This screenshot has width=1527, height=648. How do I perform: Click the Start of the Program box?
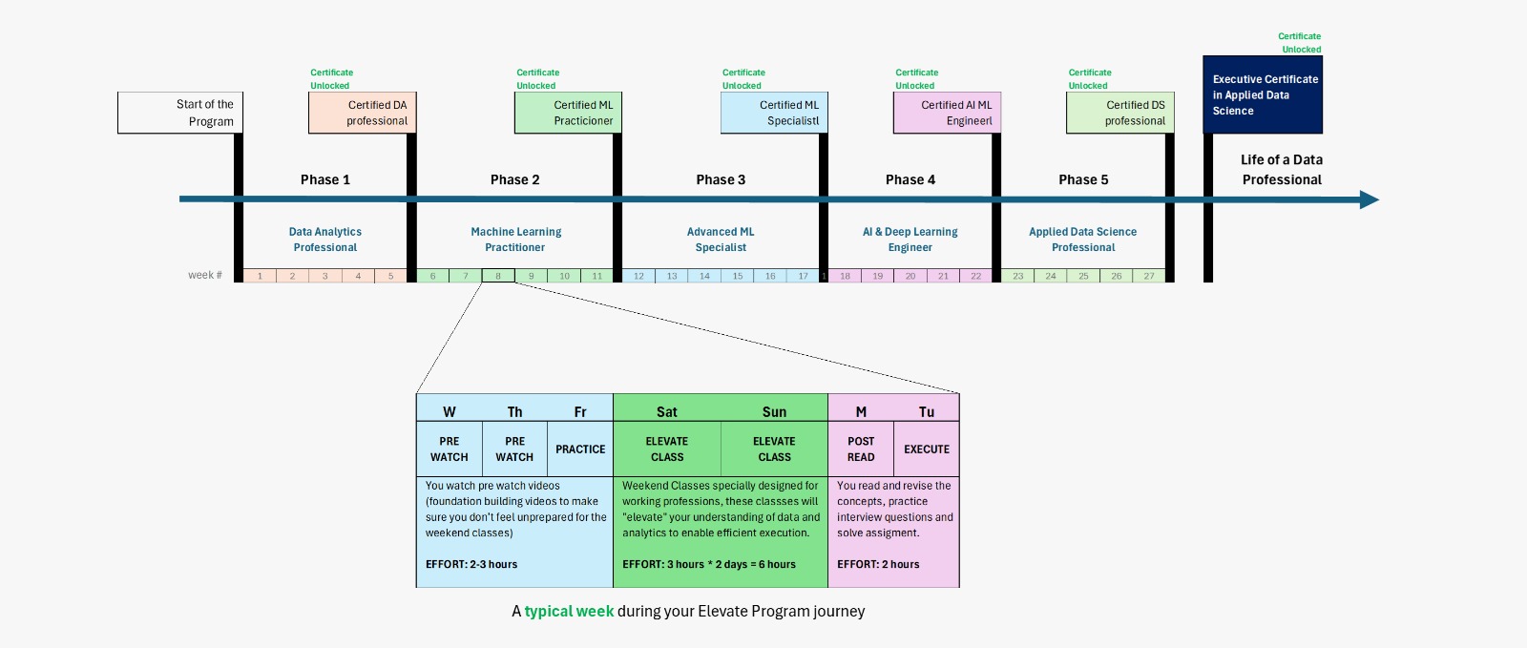click(x=180, y=113)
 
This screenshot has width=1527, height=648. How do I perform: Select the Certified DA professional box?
click(x=363, y=113)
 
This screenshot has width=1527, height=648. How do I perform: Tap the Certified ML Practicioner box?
click(x=569, y=113)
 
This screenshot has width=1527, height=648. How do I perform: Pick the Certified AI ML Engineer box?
click(x=947, y=113)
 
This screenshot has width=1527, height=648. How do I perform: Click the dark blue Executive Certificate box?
click(x=1263, y=94)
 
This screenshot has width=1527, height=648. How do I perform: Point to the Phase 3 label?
click(x=721, y=179)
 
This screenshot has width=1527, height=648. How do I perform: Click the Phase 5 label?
click(x=1083, y=179)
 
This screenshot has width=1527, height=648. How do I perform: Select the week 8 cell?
click(x=498, y=276)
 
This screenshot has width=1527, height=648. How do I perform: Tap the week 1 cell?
click(x=260, y=276)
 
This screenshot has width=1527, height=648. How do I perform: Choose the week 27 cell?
click(x=1149, y=276)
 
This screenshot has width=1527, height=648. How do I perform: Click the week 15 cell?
click(x=738, y=276)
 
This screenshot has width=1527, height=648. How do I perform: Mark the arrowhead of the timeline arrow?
click(x=1370, y=199)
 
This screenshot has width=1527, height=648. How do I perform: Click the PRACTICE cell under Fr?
click(x=580, y=449)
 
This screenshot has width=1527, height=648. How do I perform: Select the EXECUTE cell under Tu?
click(x=927, y=449)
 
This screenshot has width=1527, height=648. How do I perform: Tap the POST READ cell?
click(x=861, y=449)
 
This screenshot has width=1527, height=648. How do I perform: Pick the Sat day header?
click(x=667, y=412)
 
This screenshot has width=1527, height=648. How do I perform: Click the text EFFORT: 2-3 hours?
click(x=471, y=564)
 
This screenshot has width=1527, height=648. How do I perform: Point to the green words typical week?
click(x=569, y=611)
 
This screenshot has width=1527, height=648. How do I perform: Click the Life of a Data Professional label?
click(x=1282, y=170)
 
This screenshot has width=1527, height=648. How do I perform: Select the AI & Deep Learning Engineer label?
click(x=910, y=240)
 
